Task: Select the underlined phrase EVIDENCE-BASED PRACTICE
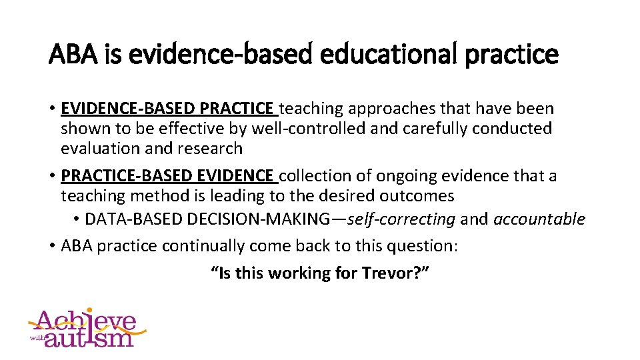[x=167, y=108]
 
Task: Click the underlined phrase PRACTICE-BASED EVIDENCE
[x=167, y=176]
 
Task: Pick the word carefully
[x=429, y=128]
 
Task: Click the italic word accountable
[x=539, y=219]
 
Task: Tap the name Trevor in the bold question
[x=385, y=273]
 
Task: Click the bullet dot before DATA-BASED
[x=77, y=219]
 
